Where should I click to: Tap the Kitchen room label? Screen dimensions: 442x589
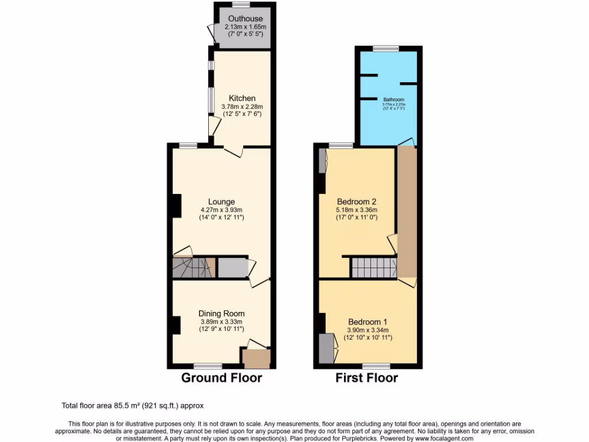pos(242,98)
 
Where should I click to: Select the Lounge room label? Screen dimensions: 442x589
pos(221,201)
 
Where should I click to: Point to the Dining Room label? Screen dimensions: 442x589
pos(222,313)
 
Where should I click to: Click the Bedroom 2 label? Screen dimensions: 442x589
pos(357,201)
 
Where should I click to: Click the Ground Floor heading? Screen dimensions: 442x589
pos(221,378)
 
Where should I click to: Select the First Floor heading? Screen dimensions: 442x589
pos(367,378)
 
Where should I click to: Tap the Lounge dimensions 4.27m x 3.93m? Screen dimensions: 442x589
pos(221,210)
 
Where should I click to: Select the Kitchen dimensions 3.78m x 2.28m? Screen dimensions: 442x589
pos(242,106)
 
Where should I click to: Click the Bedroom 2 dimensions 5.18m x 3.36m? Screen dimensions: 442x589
pos(357,210)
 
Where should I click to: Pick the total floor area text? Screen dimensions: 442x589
pos(132,405)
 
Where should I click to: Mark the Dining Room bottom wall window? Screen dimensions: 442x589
pos(208,366)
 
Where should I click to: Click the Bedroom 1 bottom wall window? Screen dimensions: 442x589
pos(376,366)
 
